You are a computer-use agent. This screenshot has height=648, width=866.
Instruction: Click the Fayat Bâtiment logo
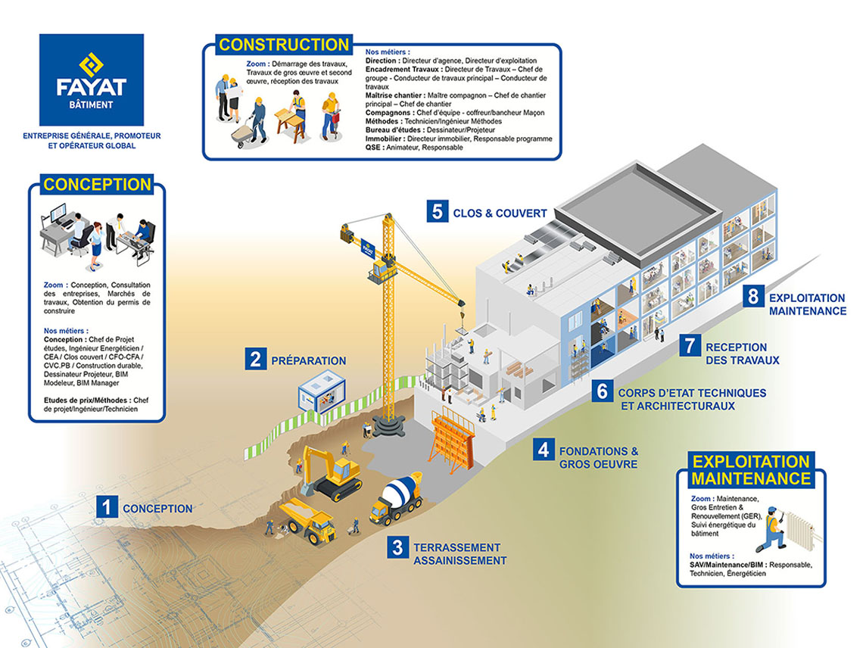[x=92, y=79]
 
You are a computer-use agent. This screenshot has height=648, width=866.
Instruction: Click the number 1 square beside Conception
[x=107, y=506]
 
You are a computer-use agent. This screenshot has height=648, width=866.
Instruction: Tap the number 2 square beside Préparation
[x=256, y=359]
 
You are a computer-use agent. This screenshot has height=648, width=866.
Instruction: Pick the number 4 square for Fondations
[x=542, y=449]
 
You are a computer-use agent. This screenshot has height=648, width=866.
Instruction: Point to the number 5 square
[x=436, y=211]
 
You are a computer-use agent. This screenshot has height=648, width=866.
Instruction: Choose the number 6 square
[x=602, y=391]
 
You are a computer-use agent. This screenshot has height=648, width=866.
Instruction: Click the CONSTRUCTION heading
[x=284, y=45]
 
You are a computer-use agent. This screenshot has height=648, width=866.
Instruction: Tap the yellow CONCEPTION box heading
[x=97, y=185]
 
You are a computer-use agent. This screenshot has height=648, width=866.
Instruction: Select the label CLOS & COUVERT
[x=500, y=213]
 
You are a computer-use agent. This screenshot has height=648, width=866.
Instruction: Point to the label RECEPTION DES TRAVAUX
[x=742, y=354]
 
